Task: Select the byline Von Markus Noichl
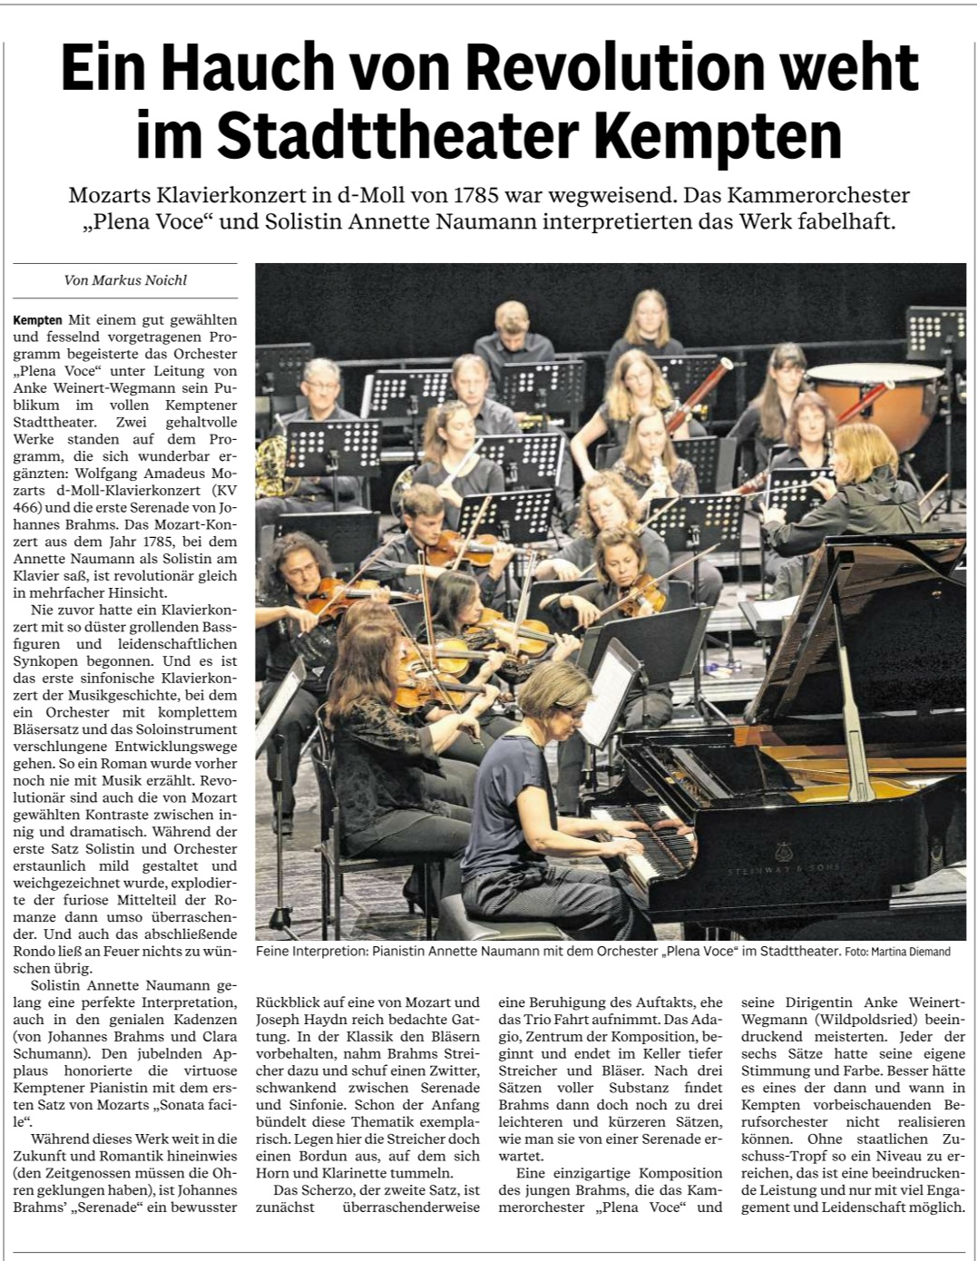click(x=125, y=280)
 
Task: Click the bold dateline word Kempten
click(x=38, y=320)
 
